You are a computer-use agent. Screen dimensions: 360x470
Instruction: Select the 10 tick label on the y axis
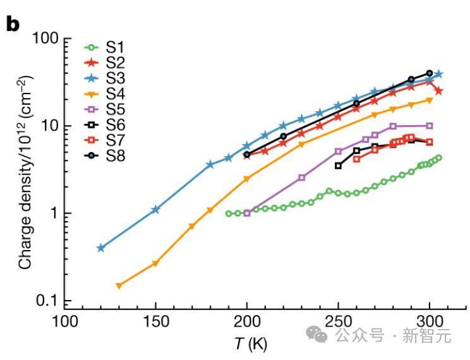(45, 126)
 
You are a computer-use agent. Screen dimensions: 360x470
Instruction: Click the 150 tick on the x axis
(155, 321)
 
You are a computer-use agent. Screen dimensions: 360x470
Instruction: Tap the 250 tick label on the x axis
(338, 321)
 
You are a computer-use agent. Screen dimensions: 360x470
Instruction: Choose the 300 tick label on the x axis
(430, 321)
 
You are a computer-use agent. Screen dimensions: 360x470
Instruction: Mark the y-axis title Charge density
(25, 169)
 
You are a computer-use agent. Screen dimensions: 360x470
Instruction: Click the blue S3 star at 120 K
(100, 248)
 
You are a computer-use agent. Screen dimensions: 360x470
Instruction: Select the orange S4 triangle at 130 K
(119, 285)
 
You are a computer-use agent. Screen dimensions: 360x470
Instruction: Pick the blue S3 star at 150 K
(155, 209)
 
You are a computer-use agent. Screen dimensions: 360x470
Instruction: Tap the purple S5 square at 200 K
(247, 213)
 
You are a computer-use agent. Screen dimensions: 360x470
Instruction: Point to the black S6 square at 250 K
(338, 165)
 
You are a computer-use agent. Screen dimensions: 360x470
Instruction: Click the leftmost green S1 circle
(229, 213)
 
